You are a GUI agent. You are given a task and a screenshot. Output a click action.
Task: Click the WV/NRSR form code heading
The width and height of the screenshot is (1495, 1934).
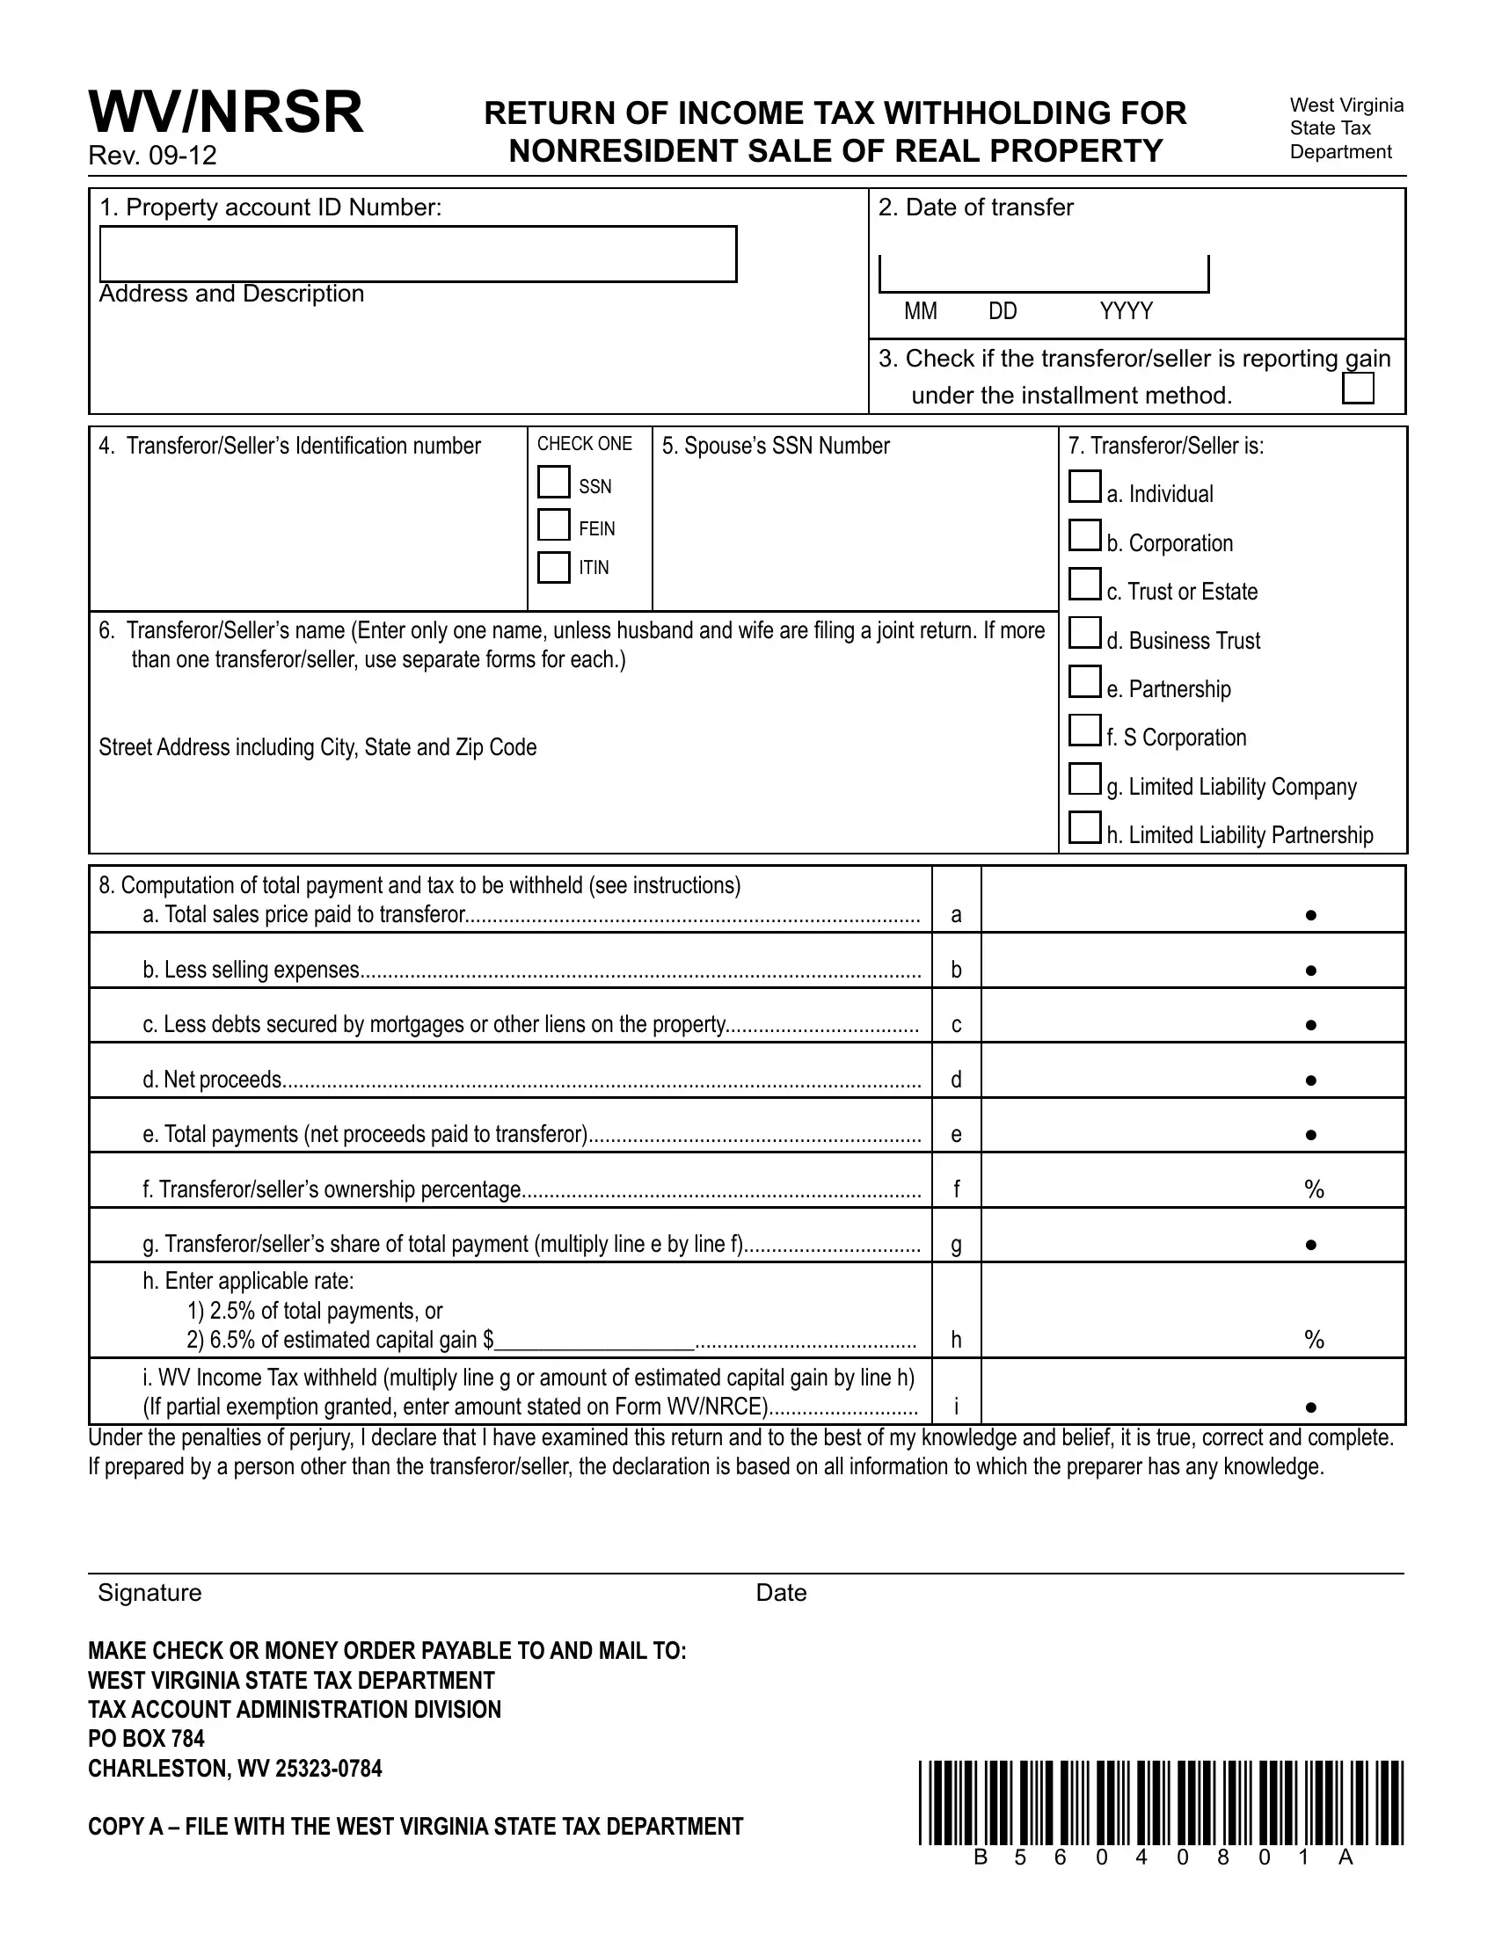(226, 113)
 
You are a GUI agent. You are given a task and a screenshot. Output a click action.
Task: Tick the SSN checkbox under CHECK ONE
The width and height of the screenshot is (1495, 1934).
(553, 483)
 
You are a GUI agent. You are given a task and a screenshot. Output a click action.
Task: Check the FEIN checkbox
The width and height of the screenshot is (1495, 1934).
(553, 524)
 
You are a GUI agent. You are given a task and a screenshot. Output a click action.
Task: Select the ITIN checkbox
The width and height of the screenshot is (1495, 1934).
(553, 567)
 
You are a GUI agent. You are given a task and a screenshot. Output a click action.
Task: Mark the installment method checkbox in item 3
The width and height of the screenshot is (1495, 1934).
(1358, 389)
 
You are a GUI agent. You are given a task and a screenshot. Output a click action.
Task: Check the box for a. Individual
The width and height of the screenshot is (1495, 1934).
(1084, 487)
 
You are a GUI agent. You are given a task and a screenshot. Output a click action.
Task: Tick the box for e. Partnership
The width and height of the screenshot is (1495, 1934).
(1084, 682)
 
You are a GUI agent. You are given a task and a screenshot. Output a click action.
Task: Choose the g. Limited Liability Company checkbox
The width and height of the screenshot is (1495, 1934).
(1084, 779)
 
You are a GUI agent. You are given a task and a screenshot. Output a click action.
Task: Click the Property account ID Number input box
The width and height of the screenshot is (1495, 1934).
(418, 254)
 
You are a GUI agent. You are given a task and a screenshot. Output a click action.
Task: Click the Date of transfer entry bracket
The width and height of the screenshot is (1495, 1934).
(1043, 274)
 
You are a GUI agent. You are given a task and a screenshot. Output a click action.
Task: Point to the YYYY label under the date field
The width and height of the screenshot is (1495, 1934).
(1126, 312)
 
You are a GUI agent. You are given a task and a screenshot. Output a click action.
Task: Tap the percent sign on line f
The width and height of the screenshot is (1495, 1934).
(1314, 1189)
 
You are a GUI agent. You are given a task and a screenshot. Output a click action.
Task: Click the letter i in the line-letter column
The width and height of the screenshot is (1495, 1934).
(956, 1407)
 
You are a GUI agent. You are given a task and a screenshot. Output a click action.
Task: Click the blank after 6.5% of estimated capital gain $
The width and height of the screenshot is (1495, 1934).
(594, 1340)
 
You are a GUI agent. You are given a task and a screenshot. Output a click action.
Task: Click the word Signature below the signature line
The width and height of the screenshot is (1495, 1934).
(149, 1593)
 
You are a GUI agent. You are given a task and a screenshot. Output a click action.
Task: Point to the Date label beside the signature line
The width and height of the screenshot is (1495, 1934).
(781, 1593)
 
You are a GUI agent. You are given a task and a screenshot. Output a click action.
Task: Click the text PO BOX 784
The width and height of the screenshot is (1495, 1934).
(146, 1739)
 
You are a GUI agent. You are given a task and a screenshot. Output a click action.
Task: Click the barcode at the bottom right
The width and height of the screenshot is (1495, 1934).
(1161, 1803)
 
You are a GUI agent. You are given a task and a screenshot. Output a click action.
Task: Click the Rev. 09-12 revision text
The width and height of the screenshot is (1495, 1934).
(152, 156)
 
